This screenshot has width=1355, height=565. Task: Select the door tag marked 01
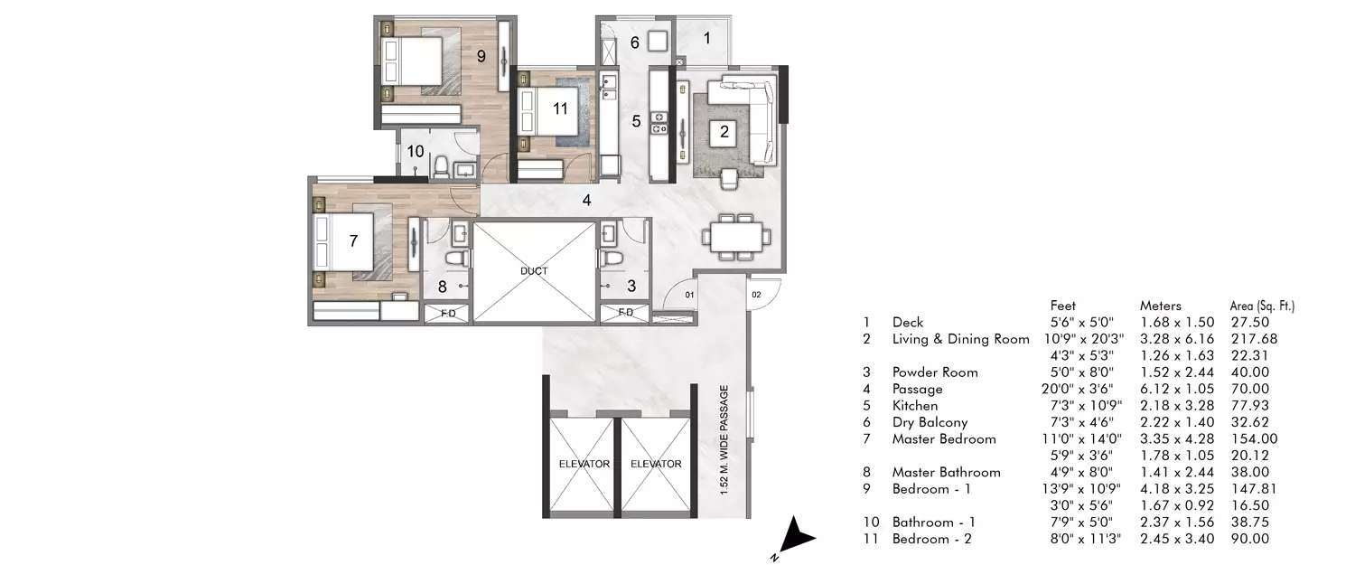688,294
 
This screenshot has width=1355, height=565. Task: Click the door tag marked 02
756,294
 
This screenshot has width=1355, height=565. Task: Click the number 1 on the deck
707,38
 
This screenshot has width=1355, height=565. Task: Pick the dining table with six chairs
736,237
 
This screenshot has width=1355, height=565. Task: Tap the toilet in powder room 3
614,259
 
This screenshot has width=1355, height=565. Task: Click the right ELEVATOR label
656,464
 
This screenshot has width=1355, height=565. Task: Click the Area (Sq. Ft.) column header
1268,306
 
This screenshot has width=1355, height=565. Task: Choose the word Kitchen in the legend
915,406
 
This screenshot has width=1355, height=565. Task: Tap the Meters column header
1161,306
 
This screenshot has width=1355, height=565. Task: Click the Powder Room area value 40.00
1249,372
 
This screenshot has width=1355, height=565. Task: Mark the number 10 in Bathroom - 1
415,151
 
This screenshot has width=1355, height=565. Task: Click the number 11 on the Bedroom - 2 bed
560,108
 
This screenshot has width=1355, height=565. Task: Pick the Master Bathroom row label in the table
946,472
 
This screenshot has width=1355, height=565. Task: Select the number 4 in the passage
587,200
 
